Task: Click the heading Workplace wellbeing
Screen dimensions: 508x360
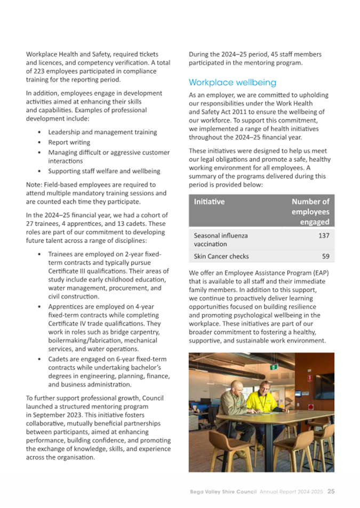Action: tap(233, 83)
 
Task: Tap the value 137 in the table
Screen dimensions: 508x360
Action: tap(324, 235)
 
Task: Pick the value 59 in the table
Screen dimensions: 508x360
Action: tap(325, 256)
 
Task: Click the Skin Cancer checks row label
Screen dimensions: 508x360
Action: tap(221, 256)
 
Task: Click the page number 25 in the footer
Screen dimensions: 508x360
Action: tap(331, 491)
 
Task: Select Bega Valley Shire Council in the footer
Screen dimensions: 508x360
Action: tap(223, 491)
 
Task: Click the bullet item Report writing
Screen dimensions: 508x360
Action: tap(69, 142)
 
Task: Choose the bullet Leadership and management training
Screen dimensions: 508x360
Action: tap(102, 132)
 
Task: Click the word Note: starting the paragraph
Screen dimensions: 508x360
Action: tap(35, 184)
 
